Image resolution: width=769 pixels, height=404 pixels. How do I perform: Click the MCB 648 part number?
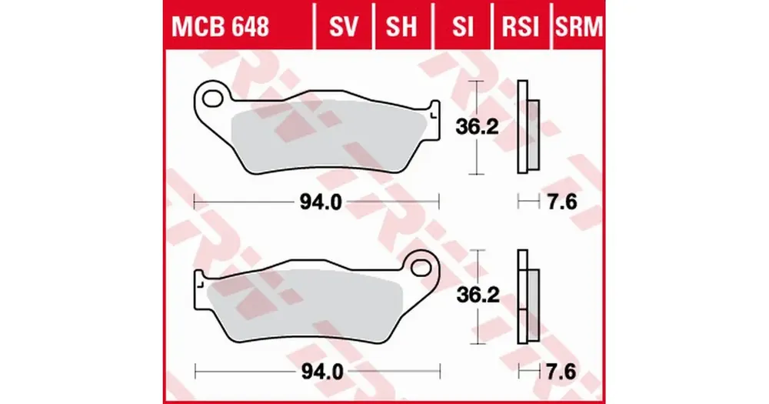220,26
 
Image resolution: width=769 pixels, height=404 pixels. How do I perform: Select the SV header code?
344,26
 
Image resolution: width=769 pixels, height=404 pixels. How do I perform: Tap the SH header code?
401,26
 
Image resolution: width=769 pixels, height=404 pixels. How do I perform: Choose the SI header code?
463,26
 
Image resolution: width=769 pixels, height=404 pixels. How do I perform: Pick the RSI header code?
521,26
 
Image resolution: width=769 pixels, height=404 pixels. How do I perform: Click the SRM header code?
579,26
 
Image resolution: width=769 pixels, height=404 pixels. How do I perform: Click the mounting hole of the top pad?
213,97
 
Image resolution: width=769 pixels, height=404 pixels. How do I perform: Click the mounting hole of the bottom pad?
421,267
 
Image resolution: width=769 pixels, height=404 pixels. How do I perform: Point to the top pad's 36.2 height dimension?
477,127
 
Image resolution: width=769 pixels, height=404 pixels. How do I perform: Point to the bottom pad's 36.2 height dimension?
478,295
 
